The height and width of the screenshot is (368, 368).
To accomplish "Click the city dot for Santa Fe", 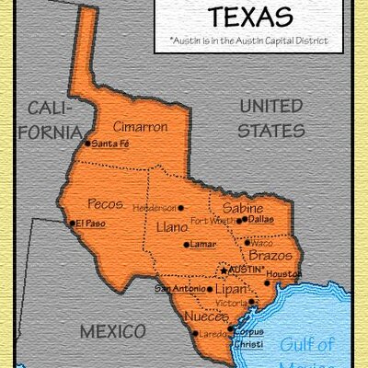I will coord(87,143).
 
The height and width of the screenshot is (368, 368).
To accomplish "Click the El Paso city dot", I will coord(72,223).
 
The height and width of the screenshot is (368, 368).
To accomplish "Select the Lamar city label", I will coord(204,245).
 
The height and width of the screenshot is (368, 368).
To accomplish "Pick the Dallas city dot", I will coord(241,220).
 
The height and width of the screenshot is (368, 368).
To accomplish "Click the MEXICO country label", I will coord(112,330).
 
